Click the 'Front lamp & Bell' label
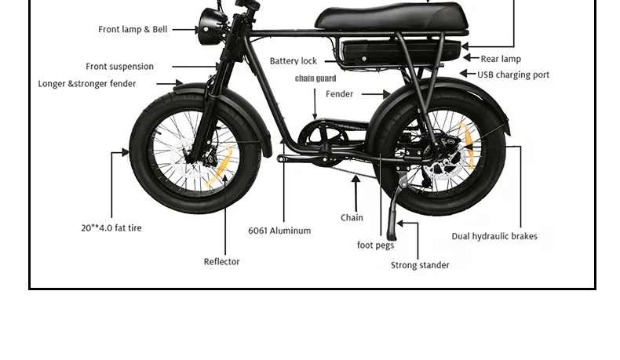point(133,30)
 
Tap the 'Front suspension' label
point(119,67)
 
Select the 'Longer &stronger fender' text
point(87,84)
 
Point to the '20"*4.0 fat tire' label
point(111,228)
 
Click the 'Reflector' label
point(221,262)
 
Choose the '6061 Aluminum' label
point(279,231)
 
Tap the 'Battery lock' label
point(293,61)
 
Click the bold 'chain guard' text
point(315,78)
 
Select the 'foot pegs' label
point(375,245)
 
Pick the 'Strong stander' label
point(420,265)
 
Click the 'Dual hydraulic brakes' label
point(494,236)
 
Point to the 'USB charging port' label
point(513,75)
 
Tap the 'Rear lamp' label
point(501,59)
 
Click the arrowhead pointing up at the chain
point(356,180)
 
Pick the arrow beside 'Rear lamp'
point(469,57)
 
